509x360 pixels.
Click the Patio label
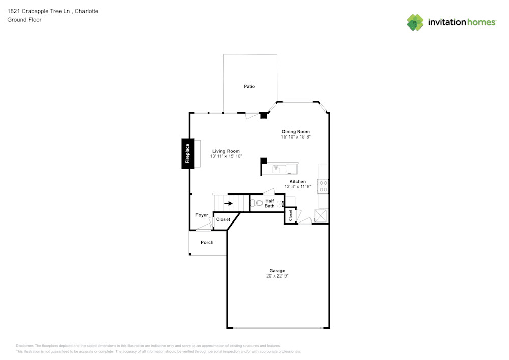click(x=249, y=86)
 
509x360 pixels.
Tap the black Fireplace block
click(x=188, y=153)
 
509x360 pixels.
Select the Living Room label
click(x=226, y=151)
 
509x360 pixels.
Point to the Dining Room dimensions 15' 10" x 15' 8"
click(x=296, y=136)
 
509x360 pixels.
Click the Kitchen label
click(x=298, y=181)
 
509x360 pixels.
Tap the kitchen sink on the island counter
click(x=279, y=169)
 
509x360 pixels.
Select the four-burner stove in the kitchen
click(x=323, y=186)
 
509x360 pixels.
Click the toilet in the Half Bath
click(x=257, y=203)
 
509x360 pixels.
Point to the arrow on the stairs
click(x=229, y=203)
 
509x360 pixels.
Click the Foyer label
click(x=202, y=215)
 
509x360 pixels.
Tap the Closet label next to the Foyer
click(x=223, y=219)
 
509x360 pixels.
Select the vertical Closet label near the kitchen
click(x=290, y=215)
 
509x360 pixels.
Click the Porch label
click(x=207, y=242)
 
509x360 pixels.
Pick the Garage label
click(x=277, y=271)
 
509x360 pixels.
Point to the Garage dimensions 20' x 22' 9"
click(x=277, y=276)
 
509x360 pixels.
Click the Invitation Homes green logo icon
click(x=415, y=22)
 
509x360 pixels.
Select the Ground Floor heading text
click(x=24, y=20)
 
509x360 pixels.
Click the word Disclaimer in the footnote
click(x=24, y=346)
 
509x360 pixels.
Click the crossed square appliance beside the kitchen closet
click(x=320, y=216)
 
